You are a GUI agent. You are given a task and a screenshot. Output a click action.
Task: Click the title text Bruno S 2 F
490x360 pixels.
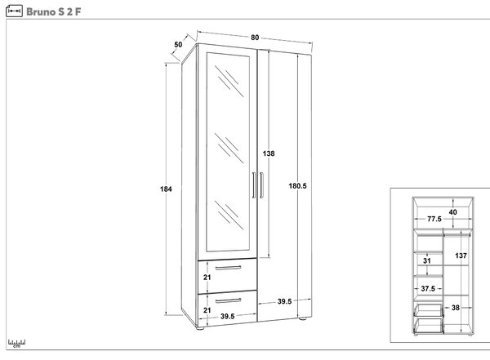click(x=53, y=12)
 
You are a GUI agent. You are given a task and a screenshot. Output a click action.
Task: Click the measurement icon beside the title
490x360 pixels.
click(x=14, y=11)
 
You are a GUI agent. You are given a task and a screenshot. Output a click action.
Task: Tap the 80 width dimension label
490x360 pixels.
click(x=255, y=38)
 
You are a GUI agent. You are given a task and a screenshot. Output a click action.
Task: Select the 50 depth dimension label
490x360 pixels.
click(x=178, y=45)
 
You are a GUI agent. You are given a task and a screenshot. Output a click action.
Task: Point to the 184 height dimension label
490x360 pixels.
click(x=166, y=189)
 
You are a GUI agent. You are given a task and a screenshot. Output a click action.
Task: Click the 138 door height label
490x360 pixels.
click(x=269, y=153)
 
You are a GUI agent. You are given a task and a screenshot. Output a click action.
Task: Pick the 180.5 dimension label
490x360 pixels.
click(x=297, y=186)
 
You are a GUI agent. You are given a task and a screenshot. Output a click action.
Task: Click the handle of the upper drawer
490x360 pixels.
click(x=228, y=268)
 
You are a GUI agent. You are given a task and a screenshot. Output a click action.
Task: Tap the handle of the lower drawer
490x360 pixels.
click(x=228, y=300)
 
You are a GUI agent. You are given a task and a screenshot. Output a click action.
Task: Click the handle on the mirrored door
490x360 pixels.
click(x=254, y=185)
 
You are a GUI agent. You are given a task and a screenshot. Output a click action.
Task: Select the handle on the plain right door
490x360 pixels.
click(x=261, y=185)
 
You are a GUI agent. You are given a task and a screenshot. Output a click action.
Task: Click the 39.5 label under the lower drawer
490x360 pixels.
click(x=228, y=316)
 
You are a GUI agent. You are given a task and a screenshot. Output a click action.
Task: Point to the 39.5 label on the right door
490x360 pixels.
click(x=284, y=301)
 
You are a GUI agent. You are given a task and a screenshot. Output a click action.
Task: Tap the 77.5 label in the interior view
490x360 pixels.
click(x=434, y=219)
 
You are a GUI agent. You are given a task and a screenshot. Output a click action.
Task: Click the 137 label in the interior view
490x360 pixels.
click(x=461, y=256)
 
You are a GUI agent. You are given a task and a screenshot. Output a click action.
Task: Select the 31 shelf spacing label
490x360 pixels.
click(x=427, y=260)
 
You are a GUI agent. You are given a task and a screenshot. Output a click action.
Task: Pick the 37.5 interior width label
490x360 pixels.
click(x=428, y=288)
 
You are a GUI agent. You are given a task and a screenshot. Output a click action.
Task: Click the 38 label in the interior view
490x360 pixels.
click(x=456, y=308)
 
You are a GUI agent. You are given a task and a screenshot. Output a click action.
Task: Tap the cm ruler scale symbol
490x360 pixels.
click(x=16, y=344)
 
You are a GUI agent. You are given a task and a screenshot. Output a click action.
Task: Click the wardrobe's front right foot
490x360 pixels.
click(x=302, y=318)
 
